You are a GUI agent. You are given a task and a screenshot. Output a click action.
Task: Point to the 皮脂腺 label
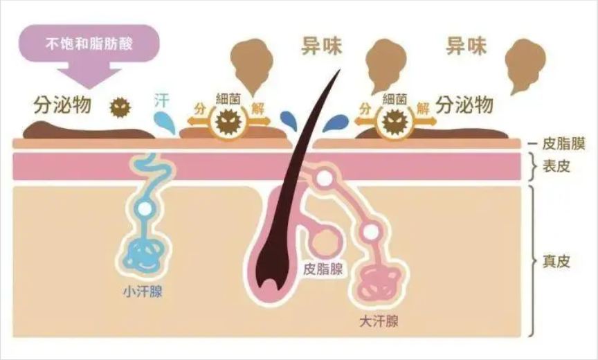(323, 269)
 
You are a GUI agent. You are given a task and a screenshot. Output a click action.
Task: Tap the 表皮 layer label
(558, 166)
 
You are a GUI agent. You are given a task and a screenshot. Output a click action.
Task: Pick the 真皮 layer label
(558, 262)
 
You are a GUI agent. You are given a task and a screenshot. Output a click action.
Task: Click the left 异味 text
(323, 47)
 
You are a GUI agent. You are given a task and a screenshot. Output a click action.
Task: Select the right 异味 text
(465, 47)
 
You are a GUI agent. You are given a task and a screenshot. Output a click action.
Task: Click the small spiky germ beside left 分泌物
(120, 107)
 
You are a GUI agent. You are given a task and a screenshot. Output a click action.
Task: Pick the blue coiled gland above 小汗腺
(143, 253)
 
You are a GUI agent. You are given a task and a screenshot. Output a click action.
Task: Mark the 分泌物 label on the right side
(465, 105)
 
